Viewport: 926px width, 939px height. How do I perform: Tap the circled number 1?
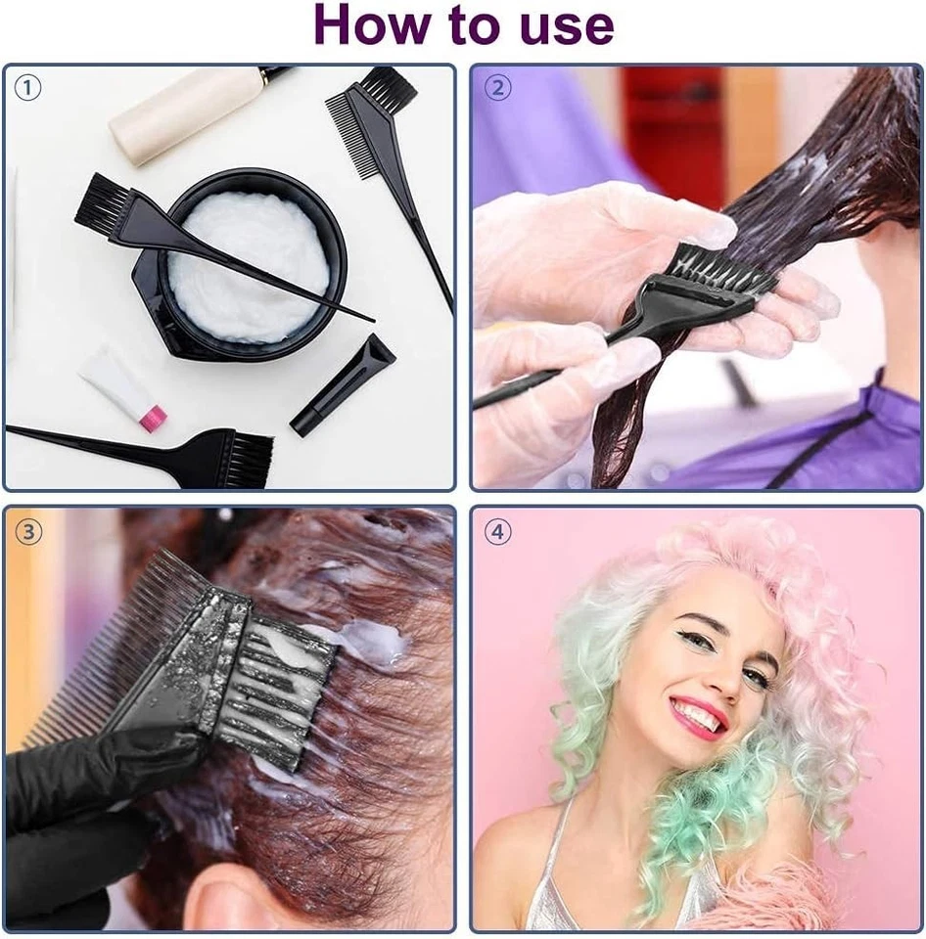click(28, 88)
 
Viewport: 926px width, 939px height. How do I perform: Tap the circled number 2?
click(498, 88)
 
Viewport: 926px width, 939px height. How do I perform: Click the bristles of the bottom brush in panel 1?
click(245, 459)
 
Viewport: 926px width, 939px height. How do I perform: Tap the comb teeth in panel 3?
click(117, 636)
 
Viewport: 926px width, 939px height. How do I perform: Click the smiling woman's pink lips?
click(698, 719)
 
